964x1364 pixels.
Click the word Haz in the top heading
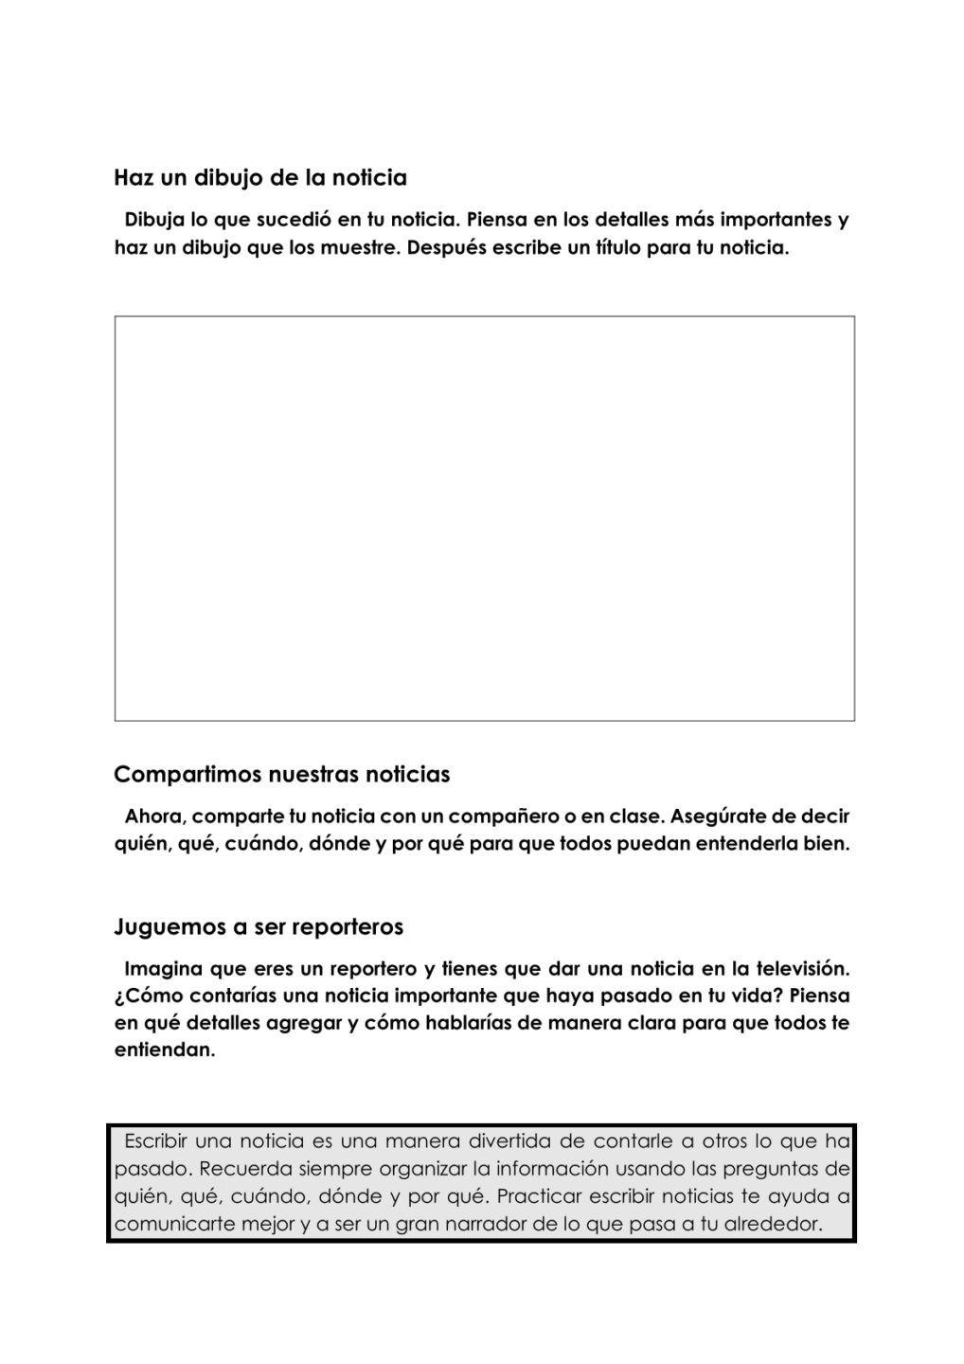pyautogui.click(x=130, y=178)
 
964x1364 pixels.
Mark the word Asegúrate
pyautogui.click(x=717, y=817)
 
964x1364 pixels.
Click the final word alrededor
pyautogui.click(x=772, y=1224)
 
